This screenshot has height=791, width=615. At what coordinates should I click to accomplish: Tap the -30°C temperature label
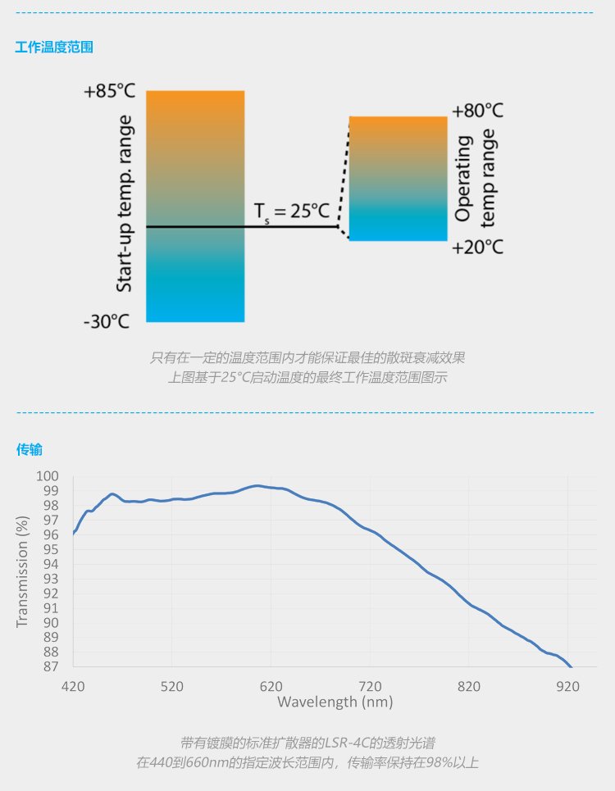[107, 321]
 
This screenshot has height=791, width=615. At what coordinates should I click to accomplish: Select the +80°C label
[478, 111]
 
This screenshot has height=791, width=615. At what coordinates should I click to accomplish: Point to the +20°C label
[478, 247]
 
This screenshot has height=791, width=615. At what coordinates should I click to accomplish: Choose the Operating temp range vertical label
[476, 178]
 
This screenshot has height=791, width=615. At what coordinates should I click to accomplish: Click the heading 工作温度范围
[54, 48]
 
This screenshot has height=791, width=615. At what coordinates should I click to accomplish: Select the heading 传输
[30, 449]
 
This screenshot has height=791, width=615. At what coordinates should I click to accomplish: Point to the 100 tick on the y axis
[48, 476]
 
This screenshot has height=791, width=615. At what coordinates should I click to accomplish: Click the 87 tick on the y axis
[52, 666]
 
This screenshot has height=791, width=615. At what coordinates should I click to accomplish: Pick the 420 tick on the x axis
[73, 685]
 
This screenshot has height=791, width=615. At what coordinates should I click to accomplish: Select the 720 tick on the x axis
[370, 685]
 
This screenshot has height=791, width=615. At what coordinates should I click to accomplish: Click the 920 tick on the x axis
[567, 685]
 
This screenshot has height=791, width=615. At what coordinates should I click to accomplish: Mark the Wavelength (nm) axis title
[335, 702]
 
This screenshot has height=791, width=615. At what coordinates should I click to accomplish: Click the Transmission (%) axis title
[23, 571]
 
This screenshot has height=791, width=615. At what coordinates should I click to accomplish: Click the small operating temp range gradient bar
[398, 178]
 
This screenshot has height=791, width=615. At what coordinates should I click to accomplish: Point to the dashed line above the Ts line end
[344, 172]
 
